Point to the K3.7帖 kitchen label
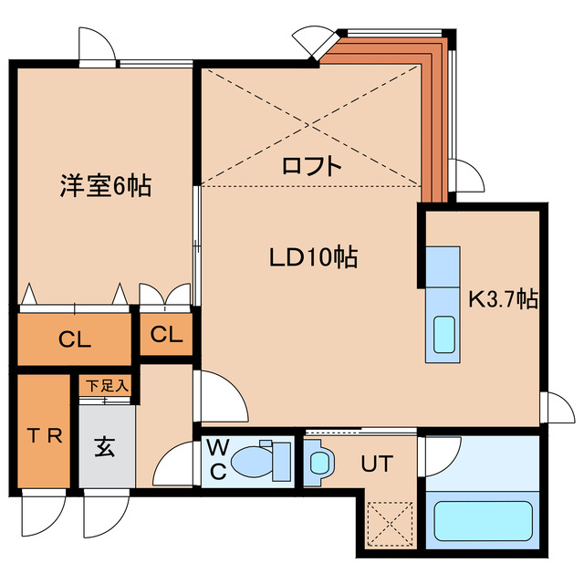click(x=503, y=299)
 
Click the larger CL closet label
click(x=75, y=340)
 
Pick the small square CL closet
click(x=166, y=334)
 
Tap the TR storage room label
click(x=43, y=434)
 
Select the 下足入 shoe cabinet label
click(x=108, y=386)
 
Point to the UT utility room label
click(x=376, y=464)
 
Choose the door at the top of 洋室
click(x=96, y=46)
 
